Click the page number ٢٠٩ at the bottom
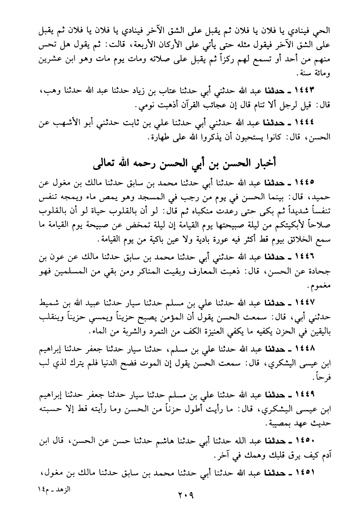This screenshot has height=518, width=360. click(x=186, y=495)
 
